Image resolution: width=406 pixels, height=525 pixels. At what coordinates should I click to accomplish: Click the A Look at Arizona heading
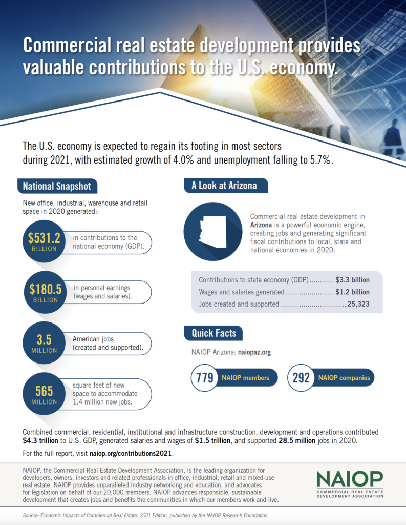(224, 186)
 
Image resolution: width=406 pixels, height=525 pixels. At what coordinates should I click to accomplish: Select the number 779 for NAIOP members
(201, 378)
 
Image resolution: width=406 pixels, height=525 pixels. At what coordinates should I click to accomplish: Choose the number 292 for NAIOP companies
(301, 378)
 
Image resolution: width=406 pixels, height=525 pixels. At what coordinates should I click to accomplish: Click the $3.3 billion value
(352, 280)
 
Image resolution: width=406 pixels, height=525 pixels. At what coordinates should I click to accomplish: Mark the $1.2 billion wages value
(352, 292)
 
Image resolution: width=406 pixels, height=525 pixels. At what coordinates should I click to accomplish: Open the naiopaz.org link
(254, 353)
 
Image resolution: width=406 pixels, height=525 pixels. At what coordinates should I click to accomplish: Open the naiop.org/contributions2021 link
(131, 454)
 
